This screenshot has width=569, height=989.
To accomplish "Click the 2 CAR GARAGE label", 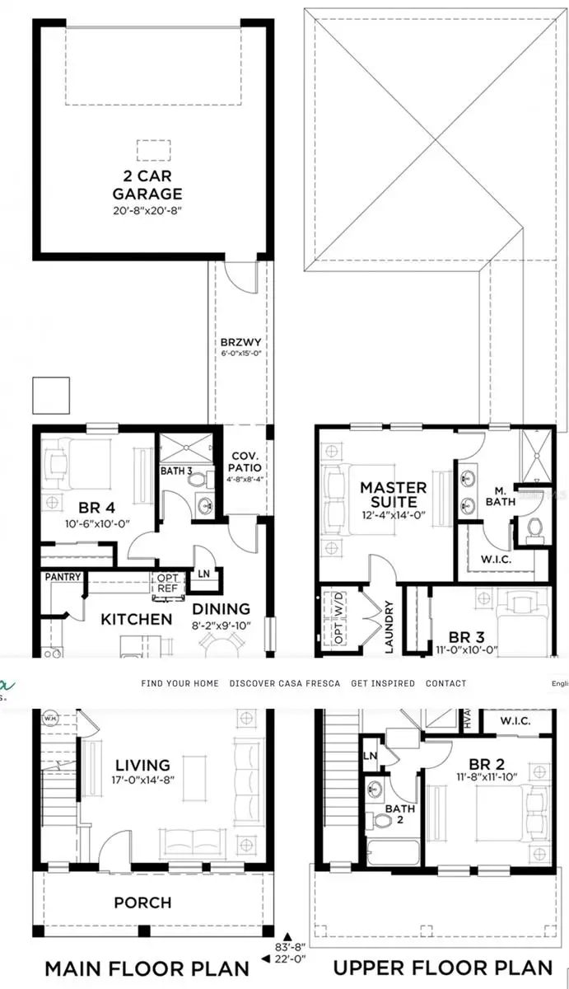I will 148,184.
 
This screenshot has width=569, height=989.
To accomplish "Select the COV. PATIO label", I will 245,462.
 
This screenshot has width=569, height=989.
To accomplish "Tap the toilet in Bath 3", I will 202,506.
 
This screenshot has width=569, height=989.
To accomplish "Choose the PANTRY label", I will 63,577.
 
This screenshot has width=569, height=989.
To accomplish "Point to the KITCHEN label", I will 137,618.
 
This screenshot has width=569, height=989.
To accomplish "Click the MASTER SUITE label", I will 393,495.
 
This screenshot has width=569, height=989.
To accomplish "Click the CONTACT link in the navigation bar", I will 445,683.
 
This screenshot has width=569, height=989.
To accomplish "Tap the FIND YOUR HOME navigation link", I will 180,683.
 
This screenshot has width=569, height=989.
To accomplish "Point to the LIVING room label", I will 142,766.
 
